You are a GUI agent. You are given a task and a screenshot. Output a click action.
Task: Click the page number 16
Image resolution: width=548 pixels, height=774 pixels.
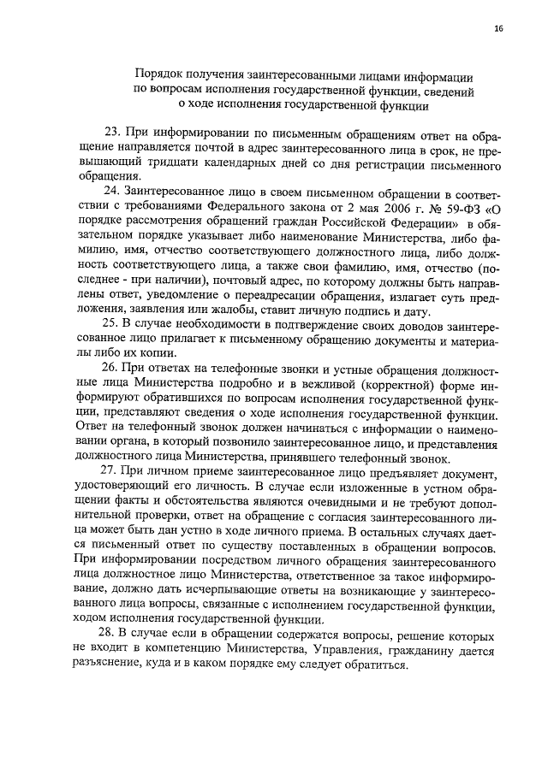(498, 28)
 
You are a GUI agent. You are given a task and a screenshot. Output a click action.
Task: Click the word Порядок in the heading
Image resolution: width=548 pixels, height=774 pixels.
(160, 74)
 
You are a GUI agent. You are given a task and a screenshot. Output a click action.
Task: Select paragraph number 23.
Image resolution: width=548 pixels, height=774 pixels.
(111, 133)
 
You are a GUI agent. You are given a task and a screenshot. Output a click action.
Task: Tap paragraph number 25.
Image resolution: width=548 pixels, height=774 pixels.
(111, 322)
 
